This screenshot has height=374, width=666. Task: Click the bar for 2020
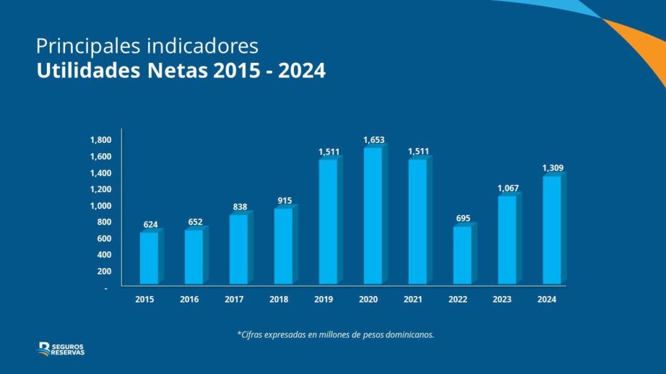point(373,216)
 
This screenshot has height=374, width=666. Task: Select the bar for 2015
point(149,258)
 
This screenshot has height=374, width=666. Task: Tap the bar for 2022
point(462,255)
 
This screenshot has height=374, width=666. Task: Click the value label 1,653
point(374,140)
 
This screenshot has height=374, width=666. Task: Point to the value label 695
point(463,218)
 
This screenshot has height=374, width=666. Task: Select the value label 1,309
point(553,169)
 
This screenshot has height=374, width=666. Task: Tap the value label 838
point(239,206)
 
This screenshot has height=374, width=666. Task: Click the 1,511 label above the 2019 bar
point(328,151)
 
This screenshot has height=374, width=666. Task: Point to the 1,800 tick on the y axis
point(101,140)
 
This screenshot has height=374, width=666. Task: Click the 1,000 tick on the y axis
point(101,206)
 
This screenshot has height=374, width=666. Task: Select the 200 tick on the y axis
point(104,271)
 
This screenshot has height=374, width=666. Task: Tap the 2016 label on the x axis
point(189,299)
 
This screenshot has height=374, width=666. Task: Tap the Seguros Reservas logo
point(61,349)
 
